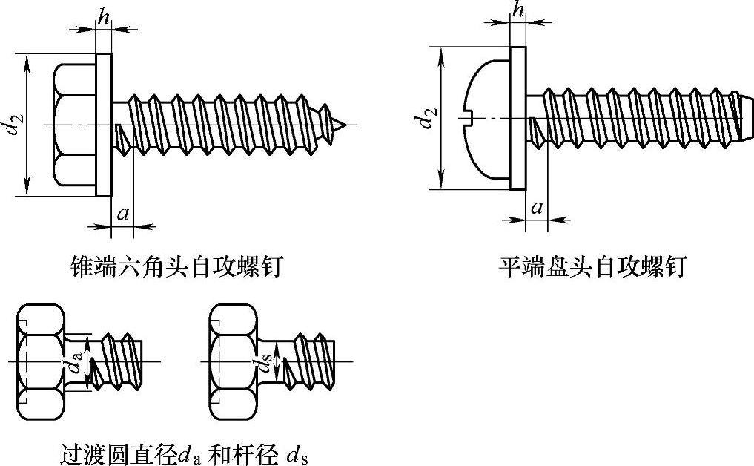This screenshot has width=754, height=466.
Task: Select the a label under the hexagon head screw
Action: point(123,214)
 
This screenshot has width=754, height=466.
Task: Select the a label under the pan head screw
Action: point(537,208)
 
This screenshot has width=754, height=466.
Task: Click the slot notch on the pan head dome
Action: point(469,116)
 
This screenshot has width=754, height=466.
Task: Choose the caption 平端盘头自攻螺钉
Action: point(592,266)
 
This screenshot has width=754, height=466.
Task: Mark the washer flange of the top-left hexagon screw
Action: point(104,125)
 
